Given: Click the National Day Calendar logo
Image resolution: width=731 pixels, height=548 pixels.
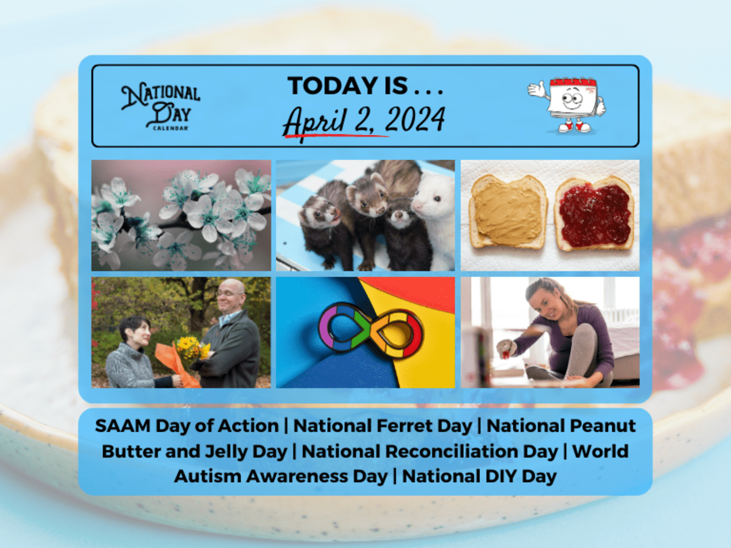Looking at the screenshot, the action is (161, 106).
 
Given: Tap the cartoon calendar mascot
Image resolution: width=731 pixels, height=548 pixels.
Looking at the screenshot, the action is (567, 105).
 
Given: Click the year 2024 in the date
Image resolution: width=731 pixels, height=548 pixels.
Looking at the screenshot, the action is (415, 119).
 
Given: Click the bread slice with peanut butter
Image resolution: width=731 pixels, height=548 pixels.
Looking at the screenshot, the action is (507, 212).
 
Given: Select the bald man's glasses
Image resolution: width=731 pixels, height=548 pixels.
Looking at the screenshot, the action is (230, 294).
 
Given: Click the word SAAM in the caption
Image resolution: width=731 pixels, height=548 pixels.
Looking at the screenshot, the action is (122, 426).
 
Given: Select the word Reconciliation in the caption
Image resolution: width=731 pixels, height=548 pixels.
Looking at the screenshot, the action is (471, 451).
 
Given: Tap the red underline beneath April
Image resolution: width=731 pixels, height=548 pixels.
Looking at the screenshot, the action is (336, 136).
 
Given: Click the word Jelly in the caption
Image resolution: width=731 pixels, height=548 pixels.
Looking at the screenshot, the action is (226, 452).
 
